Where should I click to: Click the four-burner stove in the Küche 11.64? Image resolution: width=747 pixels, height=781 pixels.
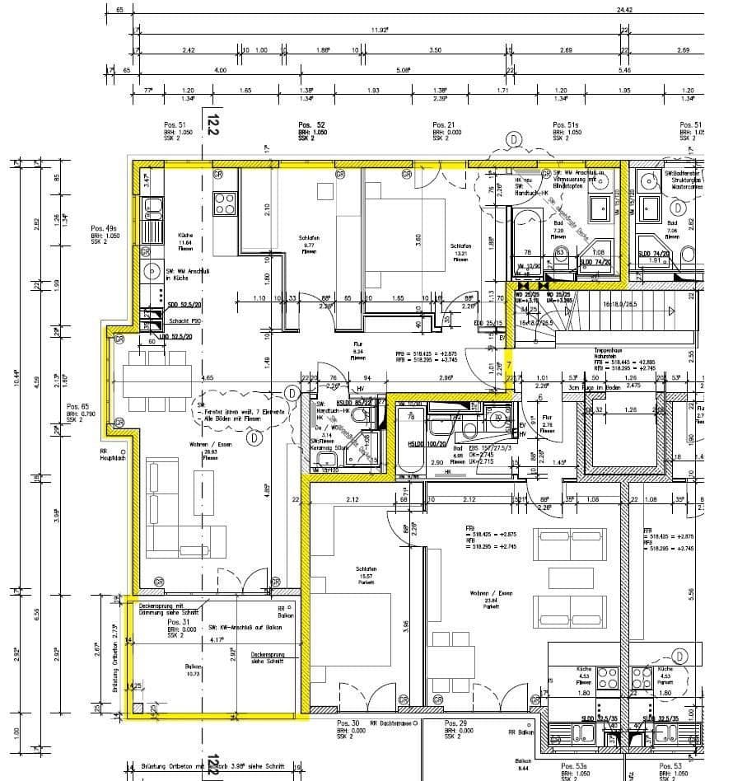point(224,203)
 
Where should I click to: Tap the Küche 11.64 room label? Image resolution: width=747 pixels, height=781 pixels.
point(185,240)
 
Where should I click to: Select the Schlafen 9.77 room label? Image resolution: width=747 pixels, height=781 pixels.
point(309,244)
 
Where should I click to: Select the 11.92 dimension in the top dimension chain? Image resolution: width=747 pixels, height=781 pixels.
point(378,30)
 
